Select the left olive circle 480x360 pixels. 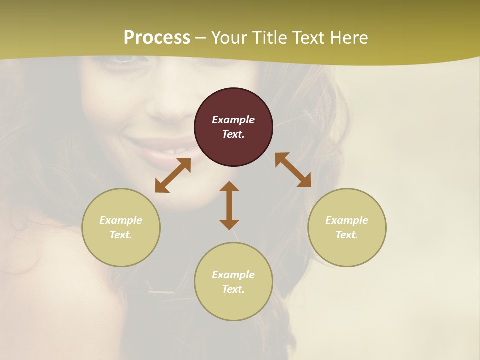(x=121, y=227)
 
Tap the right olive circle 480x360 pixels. (x=347, y=227)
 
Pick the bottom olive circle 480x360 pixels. (x=233, y=281)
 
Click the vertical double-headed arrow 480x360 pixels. (x=229, y=205)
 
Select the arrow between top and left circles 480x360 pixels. (x=173, y=175)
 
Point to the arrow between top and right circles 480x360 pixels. (x=293, y=170)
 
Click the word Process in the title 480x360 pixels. (x=157, y=38)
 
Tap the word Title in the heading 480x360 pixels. (x=270, y=38)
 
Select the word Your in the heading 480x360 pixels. (x=229, y=38)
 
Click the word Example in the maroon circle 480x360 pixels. (x=233, y=120)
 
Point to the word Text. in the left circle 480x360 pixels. (x=121, y=235)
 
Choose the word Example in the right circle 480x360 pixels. (x=347, y=220)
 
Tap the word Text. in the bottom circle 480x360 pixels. (x=233, y=289)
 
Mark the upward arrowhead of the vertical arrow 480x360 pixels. (x=229, y=186)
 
